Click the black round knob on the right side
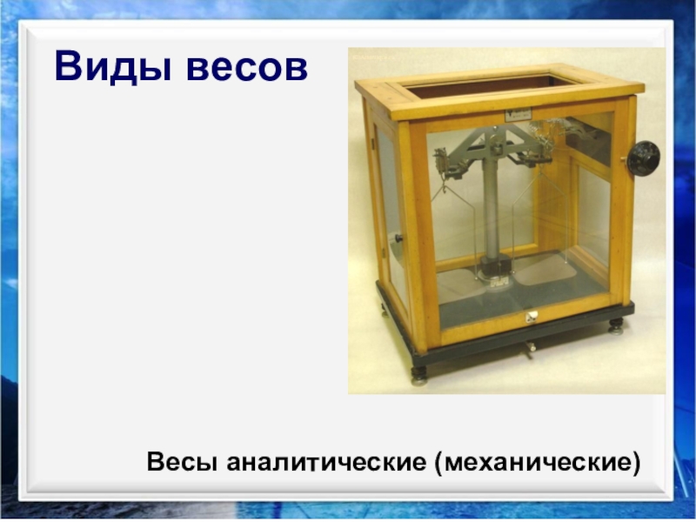point(643,157)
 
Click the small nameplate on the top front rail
point(519,114)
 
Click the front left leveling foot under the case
point(419,376)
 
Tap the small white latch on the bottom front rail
point(530,316)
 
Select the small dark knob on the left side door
point(397,238)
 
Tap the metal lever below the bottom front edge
point(529,349)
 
